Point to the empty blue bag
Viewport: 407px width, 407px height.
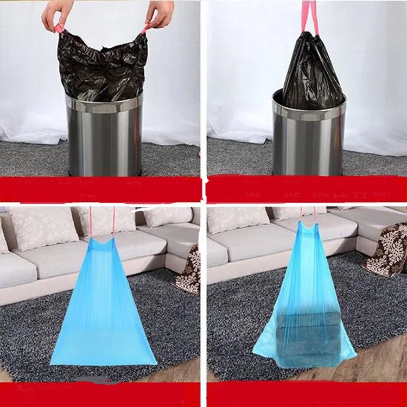[103, 309]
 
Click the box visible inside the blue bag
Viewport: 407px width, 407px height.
[307, 336]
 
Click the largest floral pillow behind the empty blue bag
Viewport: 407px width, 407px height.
[43, 228]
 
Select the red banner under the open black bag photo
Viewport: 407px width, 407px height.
[100, 190]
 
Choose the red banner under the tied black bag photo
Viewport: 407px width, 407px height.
[307, 190]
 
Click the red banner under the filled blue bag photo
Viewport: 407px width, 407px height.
[307, 395]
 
